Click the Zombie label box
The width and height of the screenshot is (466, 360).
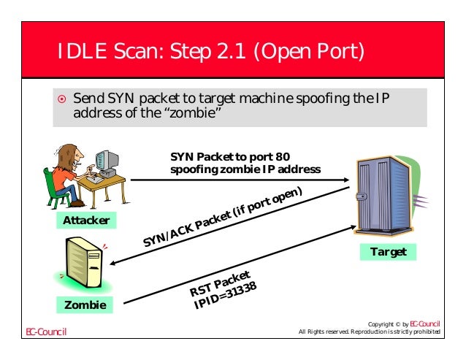click(x=84, y=305)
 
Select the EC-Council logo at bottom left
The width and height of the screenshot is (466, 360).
click(x=46, y=333)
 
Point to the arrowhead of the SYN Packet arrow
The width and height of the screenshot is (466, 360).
click(x=343, y=177)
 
